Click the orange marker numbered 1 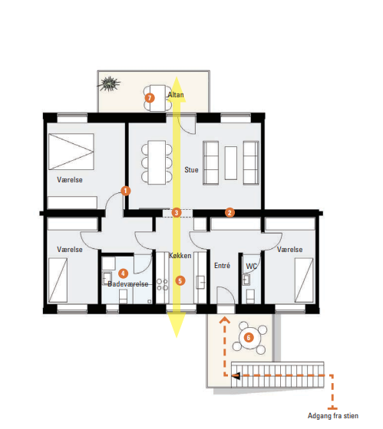126,191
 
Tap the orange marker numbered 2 229,213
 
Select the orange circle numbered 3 177,213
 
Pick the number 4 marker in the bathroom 123,273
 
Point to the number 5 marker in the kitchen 180,280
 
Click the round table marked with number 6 249,338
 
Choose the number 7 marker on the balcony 150,98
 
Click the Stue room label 191,170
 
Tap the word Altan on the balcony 176,95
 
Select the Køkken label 180,256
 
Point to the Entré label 222,265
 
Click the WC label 252,267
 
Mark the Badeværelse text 128,284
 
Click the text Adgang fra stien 333,416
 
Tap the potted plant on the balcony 110,84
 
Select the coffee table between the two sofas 231,163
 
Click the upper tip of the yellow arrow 177,77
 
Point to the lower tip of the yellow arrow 177,338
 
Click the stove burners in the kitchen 162,284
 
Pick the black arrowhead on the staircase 236,376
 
